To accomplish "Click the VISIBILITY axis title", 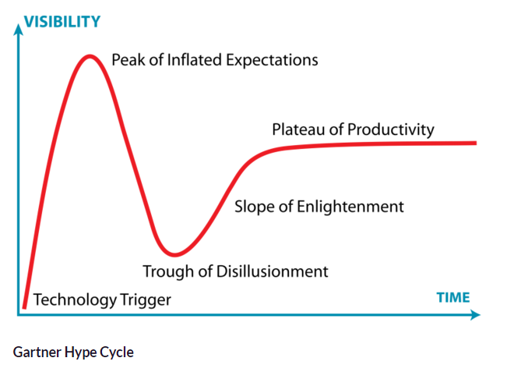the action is point(62,22).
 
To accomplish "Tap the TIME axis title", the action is point(453,298).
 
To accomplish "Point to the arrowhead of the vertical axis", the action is point(19,29).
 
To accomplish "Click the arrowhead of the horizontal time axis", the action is point(475,315).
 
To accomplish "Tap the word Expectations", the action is point(272,61).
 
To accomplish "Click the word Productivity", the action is point(391,129).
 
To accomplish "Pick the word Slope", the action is point(255,207).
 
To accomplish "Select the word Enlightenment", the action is point(350,207).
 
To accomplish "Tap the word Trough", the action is point(169,271).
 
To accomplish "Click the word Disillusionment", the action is point(273,271).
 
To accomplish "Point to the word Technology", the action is point(75,299).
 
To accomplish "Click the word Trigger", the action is point(145,300).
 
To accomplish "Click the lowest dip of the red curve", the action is point(174,254).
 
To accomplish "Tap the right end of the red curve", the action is point(475,143).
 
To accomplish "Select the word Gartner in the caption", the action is point(37,353).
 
